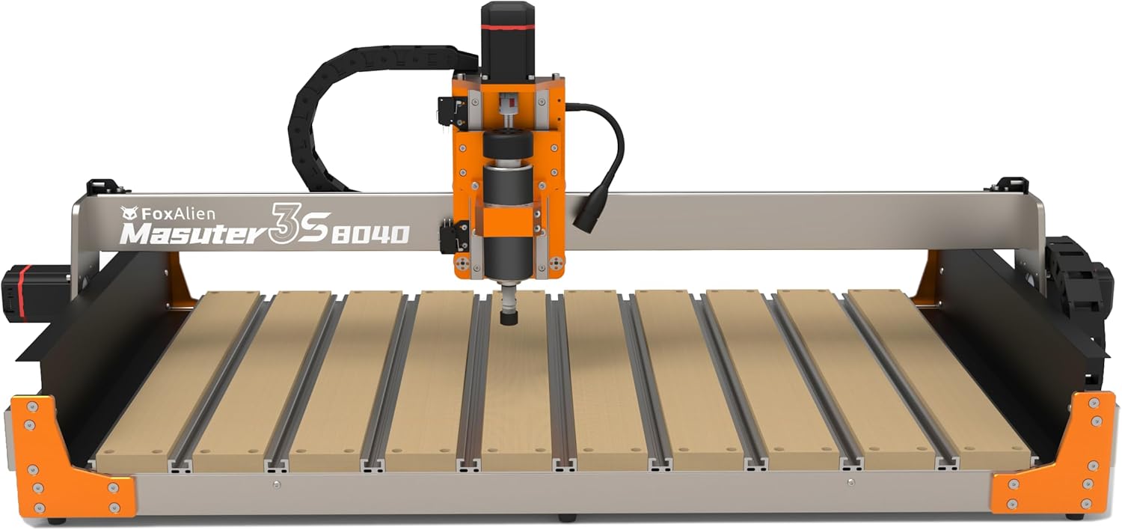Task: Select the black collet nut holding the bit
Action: point(509,317)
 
